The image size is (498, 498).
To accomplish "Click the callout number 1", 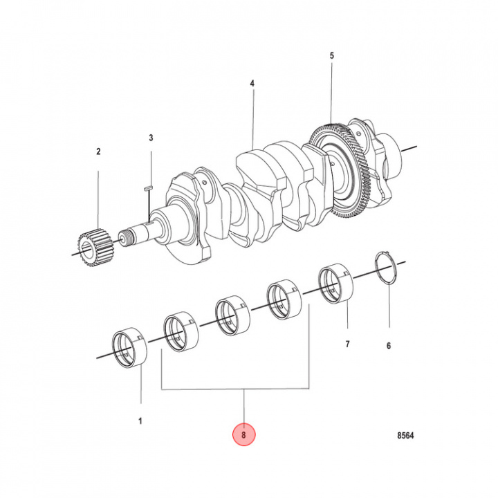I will (x=141, y=420).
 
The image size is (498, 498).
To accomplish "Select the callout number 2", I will (x=98, y=151).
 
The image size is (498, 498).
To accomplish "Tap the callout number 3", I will (x=151, y=138).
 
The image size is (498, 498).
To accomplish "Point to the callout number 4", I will (x=252, y=83).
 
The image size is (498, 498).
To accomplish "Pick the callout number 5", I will (x=331, y=55).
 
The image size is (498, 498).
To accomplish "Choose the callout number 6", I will (x=389, y=345).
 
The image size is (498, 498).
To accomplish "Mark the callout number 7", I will (x=348, y=344).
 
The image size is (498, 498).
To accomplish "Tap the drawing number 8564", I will (x=407, y=436).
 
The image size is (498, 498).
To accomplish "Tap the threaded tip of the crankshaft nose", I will (x=126, y=239).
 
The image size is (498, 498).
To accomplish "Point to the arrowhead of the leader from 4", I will (x=252, y=146).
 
